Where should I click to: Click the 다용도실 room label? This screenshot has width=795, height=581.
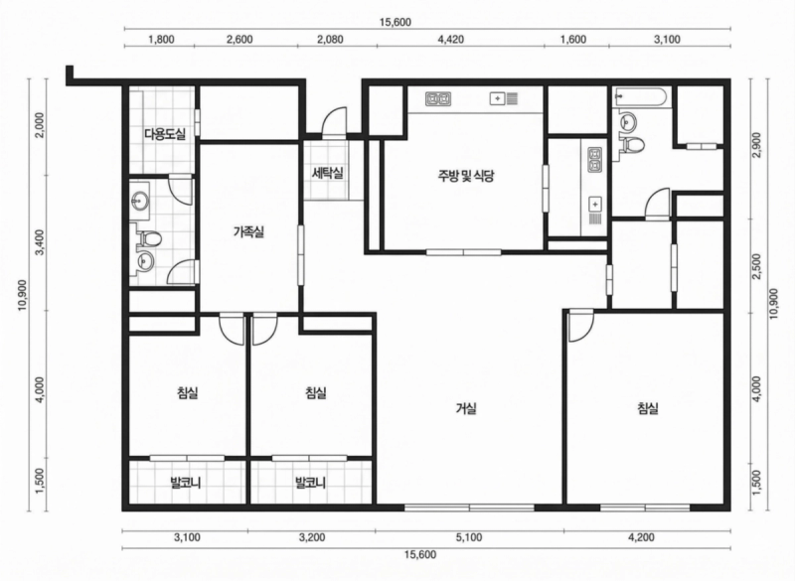[165, 134]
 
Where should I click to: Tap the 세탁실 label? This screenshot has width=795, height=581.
[328, 173]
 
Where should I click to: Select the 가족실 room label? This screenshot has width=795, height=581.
[248, 232]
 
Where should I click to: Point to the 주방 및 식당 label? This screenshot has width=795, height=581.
[466, 176]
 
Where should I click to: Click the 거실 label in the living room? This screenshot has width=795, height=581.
[466, 408]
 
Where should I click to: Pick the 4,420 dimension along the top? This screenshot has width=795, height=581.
[451, 40]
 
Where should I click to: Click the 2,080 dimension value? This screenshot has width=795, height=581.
[330, 40]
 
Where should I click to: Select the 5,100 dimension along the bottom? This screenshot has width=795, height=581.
[469, 537]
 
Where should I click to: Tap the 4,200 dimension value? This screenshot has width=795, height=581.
[641, 537]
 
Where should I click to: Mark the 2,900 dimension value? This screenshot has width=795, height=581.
[756, 145]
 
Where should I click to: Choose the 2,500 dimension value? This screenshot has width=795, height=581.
[756, 266]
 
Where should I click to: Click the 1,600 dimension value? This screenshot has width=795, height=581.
[574, 40]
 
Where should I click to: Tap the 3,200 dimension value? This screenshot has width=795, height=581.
[312, 537]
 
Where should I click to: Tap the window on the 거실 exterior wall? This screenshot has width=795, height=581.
[469, 508]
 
